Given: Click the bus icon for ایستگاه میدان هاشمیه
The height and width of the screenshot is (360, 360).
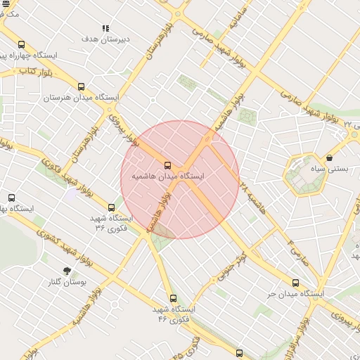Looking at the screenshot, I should point(167,165).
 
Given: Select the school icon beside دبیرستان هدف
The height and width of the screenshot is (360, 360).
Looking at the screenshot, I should point(105,29).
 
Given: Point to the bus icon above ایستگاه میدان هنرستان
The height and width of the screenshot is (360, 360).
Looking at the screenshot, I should point(81,87).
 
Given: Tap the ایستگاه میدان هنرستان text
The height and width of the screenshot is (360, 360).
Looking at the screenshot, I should point(82,98).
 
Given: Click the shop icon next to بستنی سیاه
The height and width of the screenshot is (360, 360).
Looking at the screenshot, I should point(330,157).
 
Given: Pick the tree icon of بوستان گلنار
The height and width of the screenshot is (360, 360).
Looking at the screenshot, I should point(67,271).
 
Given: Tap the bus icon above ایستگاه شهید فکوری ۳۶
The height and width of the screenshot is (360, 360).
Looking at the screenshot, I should point(111,207).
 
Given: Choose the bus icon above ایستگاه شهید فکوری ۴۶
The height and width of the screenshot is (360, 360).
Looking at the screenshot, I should point(173,298).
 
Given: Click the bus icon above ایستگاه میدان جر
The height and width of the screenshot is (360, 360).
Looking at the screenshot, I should point(295,283).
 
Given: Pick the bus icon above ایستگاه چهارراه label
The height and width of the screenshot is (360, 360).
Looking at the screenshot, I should point(21,44).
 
